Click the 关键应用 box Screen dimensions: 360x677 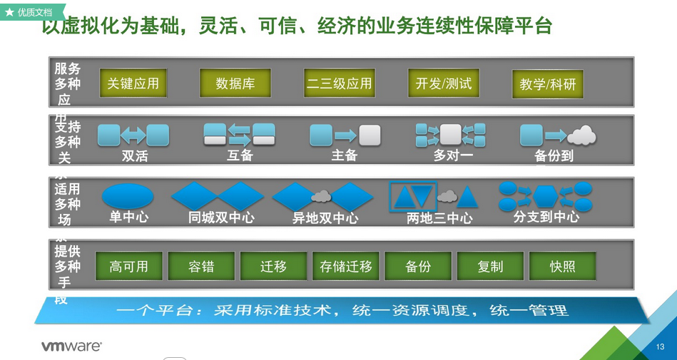[133, 83]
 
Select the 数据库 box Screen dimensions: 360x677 [235, 83]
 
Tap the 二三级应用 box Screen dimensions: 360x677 [339, 83]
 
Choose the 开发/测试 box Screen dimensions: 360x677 [443, 83]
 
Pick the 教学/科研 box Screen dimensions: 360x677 [547, 85]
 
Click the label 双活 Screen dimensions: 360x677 [134, 155]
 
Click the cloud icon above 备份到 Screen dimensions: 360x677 [581, 135]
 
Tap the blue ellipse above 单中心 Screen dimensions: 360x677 [128, 195]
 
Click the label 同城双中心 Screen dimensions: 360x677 [221, 217]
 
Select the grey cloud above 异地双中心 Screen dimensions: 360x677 [321, 195]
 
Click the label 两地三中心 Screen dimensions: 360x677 [439, 218]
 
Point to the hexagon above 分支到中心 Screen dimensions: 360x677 [547, 195]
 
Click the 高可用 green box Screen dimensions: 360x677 [129, 267]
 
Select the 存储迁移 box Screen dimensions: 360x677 [346, 267]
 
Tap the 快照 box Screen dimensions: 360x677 [562, 267]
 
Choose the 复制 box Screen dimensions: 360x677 [490, 267]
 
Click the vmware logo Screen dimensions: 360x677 [71, 346]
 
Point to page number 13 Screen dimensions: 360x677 [660, 346]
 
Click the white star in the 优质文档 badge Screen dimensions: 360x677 [10, 12]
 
